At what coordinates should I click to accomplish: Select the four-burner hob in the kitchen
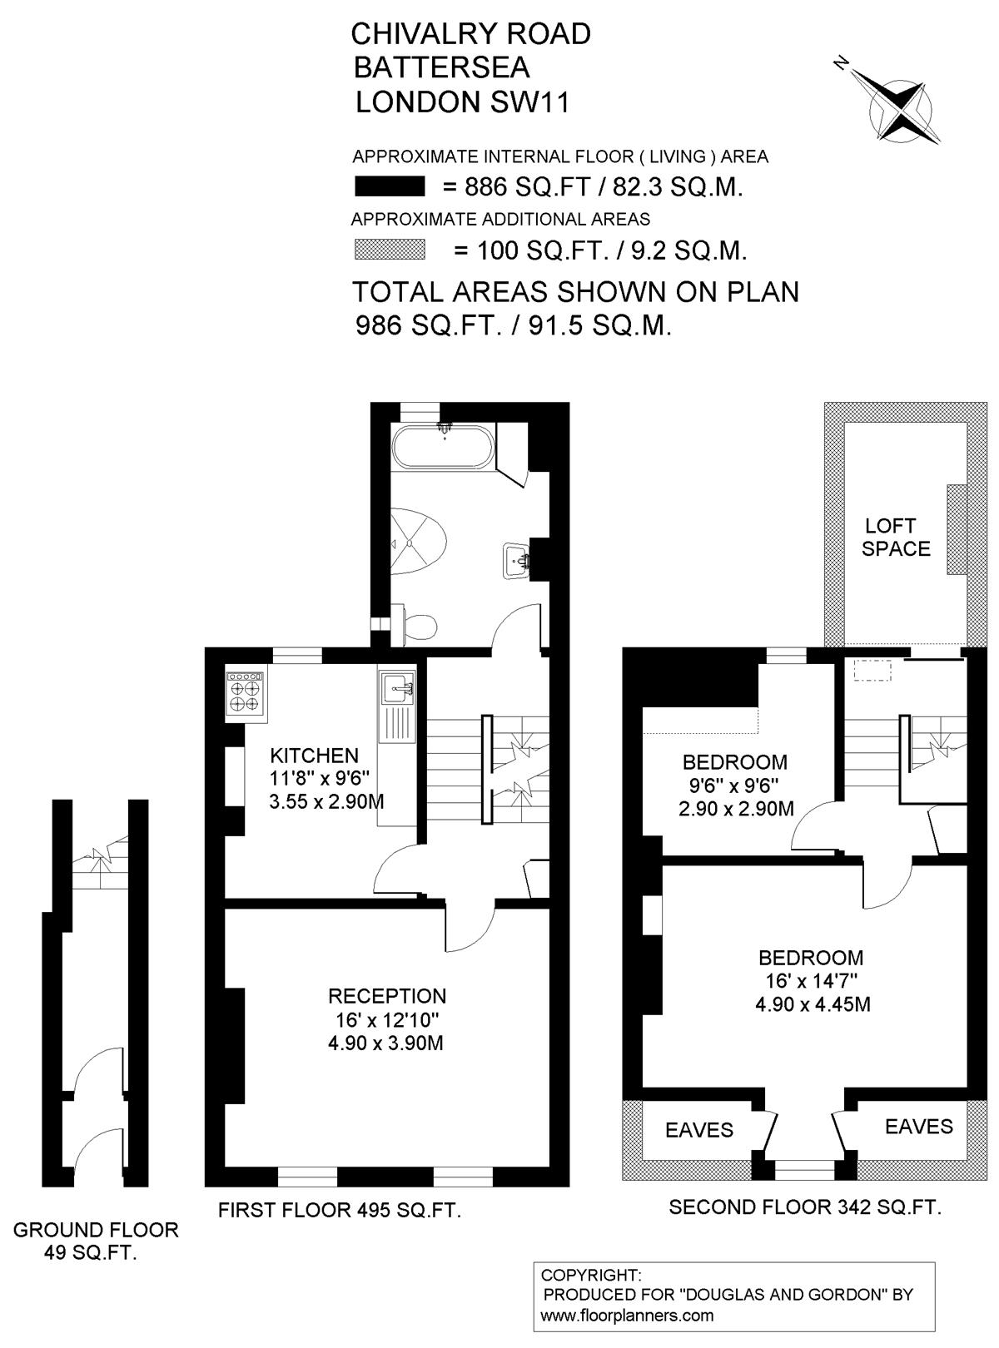tap(246, 696)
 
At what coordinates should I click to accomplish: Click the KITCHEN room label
tap(315, 756)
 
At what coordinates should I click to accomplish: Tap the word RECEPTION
tap(387, 996)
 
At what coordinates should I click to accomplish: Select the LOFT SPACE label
tap(896, 538)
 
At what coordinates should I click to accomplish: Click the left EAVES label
tap(699, 1130)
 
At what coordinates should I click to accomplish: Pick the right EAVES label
tap(919, 1126)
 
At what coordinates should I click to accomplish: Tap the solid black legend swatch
tap(390, 186)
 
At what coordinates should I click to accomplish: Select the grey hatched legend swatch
tap(390, 250)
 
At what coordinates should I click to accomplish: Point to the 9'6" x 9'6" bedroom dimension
tap(734, 786)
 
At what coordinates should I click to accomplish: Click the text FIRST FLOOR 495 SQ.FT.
tap(340, 1211)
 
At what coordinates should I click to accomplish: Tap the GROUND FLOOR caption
tap(96, 1230)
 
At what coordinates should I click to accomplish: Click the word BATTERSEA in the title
tap(442, 67)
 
